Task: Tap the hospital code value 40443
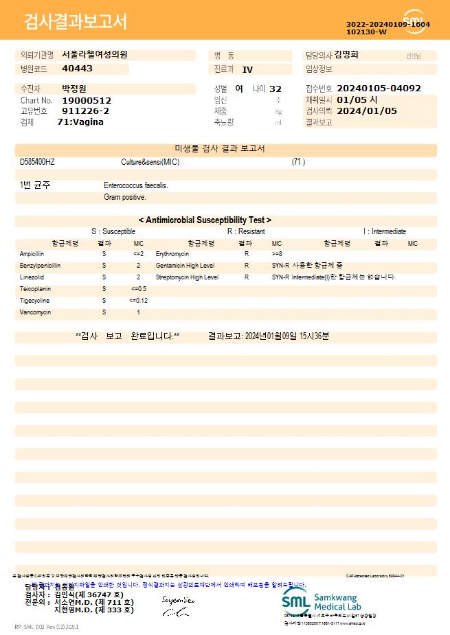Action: tap(77, 69)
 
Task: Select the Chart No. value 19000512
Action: tap(86, 100)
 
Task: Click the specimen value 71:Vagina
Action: tap(80, 122)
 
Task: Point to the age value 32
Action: tap(275, 89)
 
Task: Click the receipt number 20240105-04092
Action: tap(379, 89)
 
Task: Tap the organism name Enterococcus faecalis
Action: tap(136, 185)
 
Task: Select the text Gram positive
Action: tap(125, 198)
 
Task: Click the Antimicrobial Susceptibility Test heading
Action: tap(205, 220)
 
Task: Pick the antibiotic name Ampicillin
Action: tap(32, 254)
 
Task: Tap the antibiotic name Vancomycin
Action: tap(35, 312)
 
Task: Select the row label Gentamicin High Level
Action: tap(185, 266)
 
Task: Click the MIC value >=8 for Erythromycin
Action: tap(277, 254)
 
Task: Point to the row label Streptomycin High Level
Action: tap(187, 277)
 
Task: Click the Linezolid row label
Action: tap(32, 277)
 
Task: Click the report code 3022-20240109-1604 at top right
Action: tap(387, 24)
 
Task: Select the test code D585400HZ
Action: tap(38, 162)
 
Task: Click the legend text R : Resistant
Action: tap(246, 232)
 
